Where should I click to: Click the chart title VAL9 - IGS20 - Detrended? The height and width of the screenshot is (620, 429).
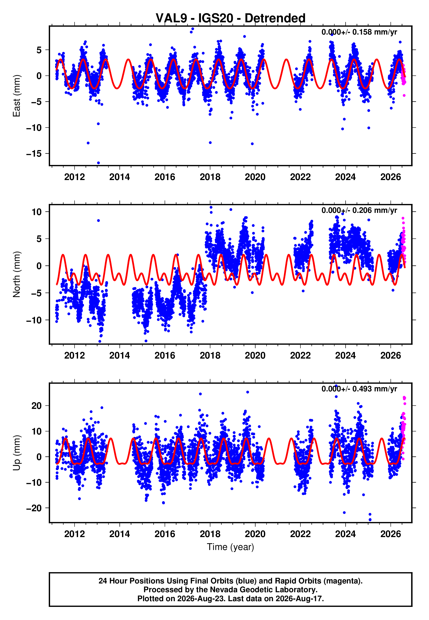230,18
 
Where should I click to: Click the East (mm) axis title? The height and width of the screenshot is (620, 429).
17,96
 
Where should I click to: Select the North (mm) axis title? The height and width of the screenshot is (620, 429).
17,274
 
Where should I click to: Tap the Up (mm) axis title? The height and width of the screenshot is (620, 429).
17,453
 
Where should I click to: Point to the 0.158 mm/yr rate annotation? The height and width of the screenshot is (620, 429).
359,32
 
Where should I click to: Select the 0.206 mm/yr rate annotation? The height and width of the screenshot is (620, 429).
359,210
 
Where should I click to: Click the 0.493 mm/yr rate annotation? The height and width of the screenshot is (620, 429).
359,389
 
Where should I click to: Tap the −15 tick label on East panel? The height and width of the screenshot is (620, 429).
34,154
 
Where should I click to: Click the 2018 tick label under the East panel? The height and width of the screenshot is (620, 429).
210,177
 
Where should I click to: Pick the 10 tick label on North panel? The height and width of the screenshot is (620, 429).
37,212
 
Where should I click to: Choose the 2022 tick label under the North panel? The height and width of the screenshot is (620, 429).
300,356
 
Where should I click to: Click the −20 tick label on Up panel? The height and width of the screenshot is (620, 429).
34,508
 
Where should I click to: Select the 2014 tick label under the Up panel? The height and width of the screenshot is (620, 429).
120,534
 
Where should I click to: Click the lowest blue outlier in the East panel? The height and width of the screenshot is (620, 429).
98,163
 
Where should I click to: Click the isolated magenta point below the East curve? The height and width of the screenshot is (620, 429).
404,95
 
